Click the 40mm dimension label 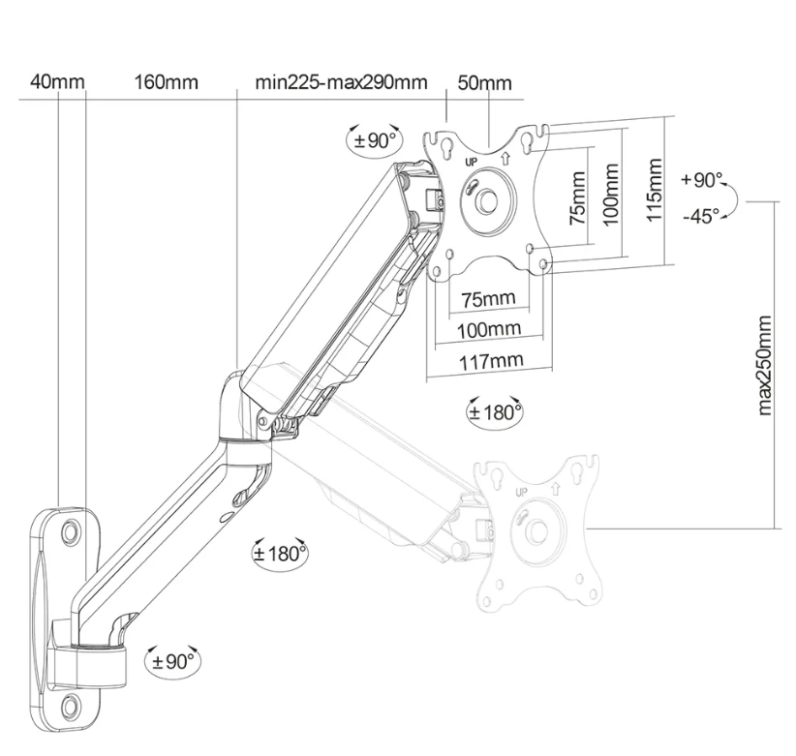[57, 82]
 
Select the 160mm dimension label [166, 82]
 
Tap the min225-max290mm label [340, 82]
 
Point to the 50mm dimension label [483, 83]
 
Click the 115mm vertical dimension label [656, 190]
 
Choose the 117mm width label [489, 360]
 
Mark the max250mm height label [764, 365]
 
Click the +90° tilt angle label [701, 180]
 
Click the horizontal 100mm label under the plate [489, 329]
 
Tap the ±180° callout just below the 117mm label [494, 412]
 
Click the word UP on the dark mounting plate [472, 163]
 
